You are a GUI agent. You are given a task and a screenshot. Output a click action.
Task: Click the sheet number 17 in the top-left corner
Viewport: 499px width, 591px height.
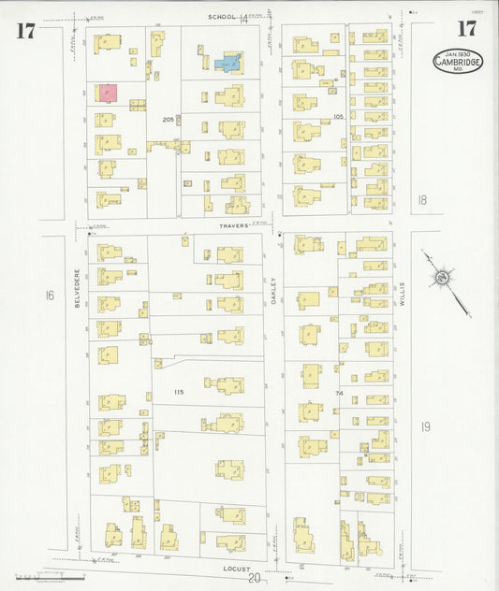pos(25,30)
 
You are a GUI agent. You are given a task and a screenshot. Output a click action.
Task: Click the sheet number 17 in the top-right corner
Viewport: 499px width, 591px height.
pos(465,28)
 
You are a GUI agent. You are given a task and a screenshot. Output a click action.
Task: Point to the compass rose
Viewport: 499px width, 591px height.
pos(440,278)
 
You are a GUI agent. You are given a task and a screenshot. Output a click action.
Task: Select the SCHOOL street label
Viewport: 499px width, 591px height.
pos(223,17)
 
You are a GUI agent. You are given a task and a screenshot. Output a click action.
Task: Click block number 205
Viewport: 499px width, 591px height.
pos(168,119)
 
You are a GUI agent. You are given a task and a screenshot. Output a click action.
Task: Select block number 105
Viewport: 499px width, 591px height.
pos(338,117)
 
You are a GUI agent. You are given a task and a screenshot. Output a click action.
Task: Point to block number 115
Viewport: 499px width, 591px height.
pos(178,392)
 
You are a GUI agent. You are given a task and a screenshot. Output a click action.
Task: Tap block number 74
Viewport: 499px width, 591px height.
pos(341,393)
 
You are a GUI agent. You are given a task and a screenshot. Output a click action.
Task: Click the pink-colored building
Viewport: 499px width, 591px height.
pos(108,93)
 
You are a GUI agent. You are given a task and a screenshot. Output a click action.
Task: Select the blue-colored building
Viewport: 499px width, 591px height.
pos(228,64)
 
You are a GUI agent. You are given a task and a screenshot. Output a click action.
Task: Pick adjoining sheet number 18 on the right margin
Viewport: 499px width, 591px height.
pos(422,199)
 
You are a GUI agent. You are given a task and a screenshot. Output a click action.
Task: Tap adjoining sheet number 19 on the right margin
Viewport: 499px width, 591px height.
pos(426,426)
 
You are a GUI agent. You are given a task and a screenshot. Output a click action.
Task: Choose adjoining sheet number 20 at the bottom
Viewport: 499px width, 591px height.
pos(253,578)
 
